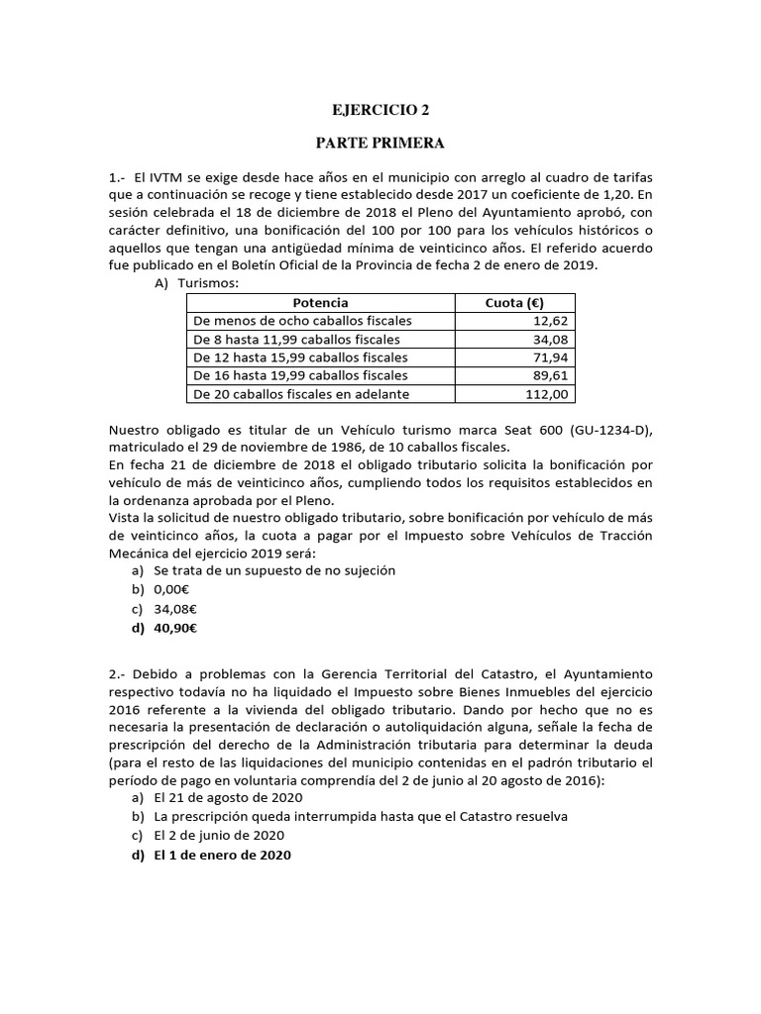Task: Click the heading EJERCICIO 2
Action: pos(380,112)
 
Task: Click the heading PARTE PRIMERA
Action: pos(380,144)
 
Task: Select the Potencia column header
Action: pos(320,303)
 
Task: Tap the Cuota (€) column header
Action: pos(514,303)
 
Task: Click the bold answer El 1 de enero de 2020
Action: pos(222,854)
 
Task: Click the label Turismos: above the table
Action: pos(207,283)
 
